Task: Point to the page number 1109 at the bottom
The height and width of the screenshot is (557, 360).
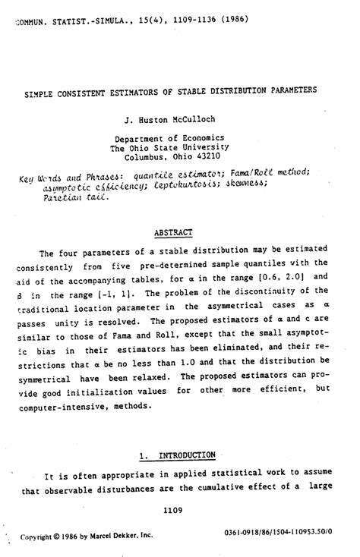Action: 174,511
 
